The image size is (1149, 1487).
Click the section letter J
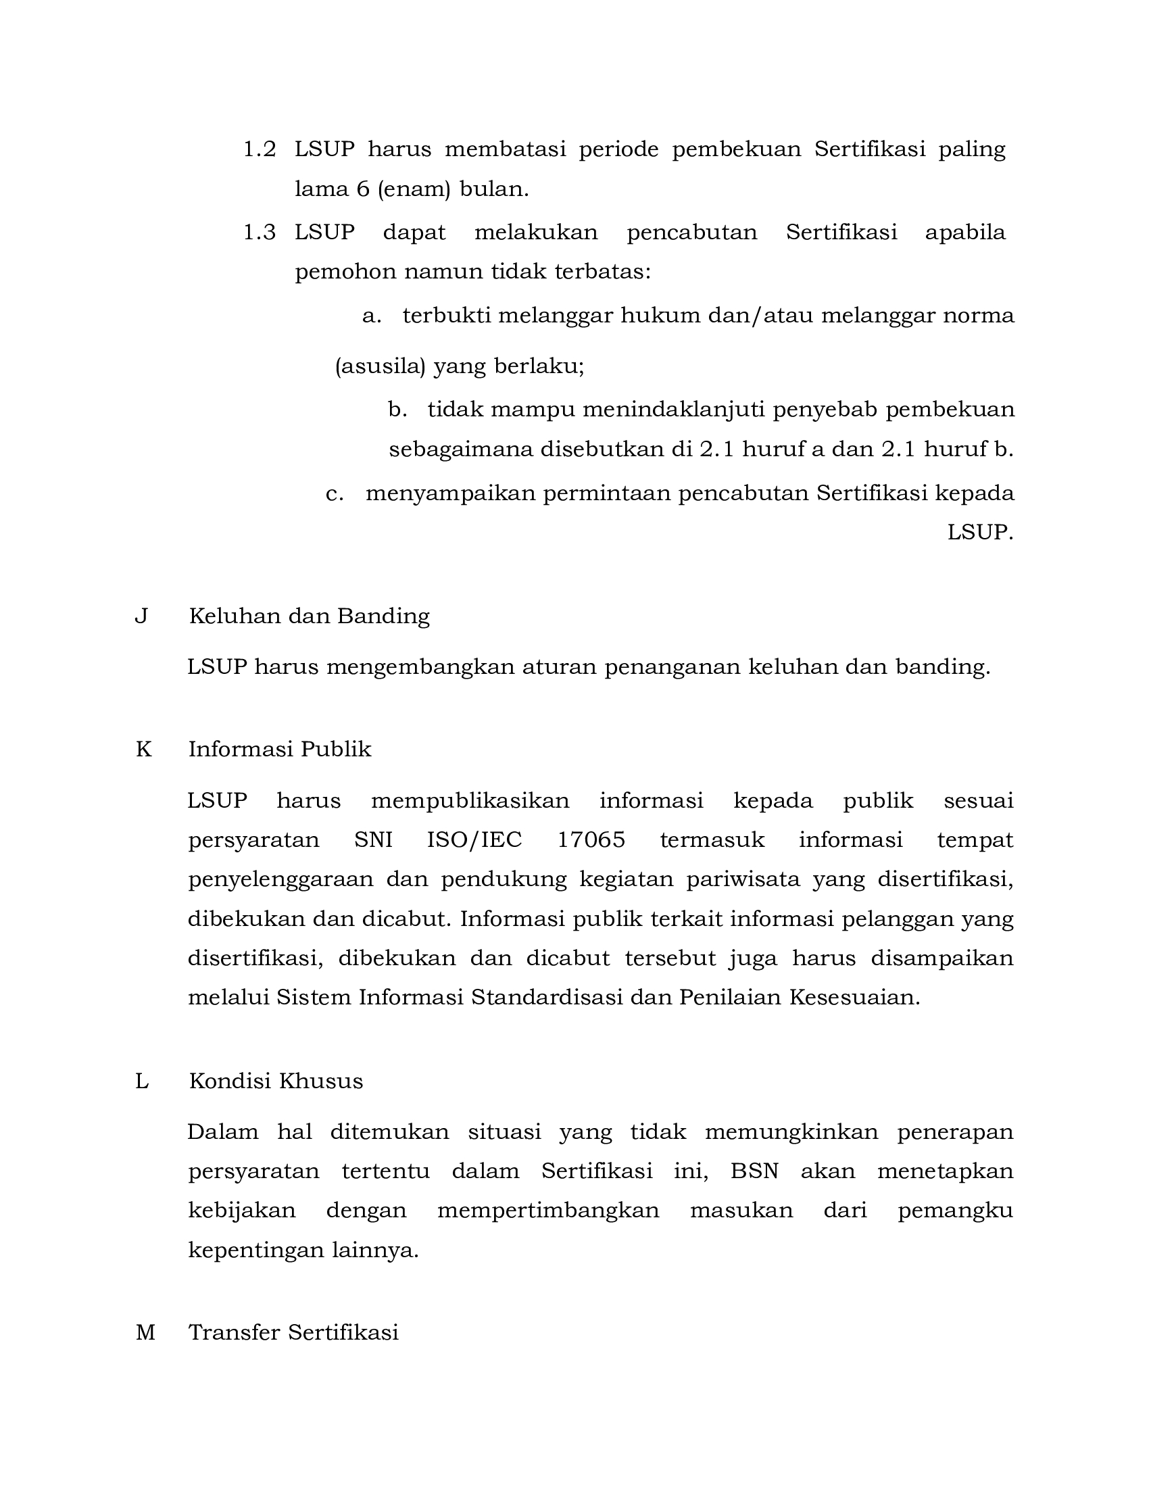click(x=141, y=616)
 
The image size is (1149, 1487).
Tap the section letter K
click(x=143, y=750)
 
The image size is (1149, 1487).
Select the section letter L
click(x=141, y=1081)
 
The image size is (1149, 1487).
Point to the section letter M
click(x=145, y=1332)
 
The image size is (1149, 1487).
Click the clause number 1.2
click(x=260, y=150)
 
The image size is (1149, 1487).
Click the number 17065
click(x=591, y=840)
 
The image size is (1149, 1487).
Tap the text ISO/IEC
click(x=474, y=840)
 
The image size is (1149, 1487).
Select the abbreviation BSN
click(x=754, y=1172)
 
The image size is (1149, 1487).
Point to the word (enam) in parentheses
click(x=414, y=189)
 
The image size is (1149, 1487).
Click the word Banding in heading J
click(x=384, y=616)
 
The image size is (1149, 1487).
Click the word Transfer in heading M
click(x=234, y=1332)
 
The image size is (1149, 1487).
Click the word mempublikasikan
click(x=470, y=801)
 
